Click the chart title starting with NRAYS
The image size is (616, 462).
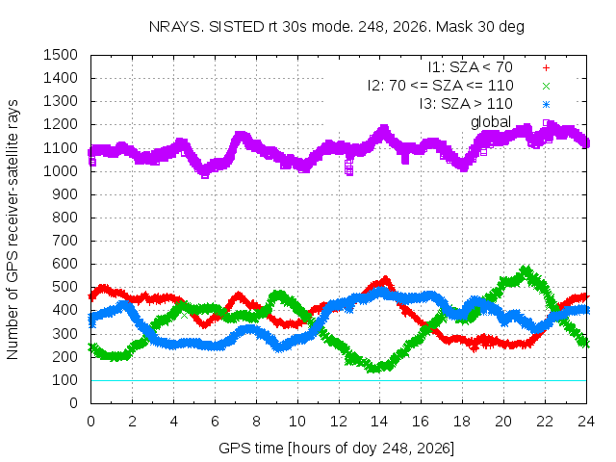coord(336,27)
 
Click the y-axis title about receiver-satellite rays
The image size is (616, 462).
coord(13,229)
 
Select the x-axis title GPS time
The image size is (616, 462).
coord(336,448)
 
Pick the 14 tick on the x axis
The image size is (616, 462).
coord(379,422)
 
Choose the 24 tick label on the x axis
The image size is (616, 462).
coord(586,422)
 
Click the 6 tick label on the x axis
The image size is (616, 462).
coord(215,422)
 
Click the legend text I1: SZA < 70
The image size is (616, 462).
coord(471,67)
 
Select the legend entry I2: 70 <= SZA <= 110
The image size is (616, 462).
coord(441,86)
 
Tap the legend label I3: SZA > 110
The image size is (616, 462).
coord(466,104)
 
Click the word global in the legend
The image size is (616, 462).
coord(491,122)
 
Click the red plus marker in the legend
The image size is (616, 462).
coord(546,68)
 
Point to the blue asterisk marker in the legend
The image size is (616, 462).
coord(546,105)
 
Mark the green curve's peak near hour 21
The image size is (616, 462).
coord(526,269)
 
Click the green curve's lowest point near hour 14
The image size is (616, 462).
coord(375,369)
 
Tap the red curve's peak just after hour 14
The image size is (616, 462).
coord(385,280)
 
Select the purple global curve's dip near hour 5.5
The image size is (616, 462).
coord(205,174)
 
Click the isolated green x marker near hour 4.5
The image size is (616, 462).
coord(184,315)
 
